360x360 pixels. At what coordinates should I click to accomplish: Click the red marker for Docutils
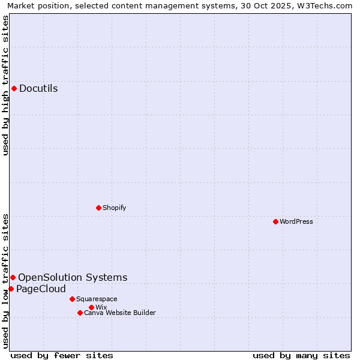14,89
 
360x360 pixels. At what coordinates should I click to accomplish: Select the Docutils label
38,89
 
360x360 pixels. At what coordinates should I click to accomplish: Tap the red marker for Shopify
98,208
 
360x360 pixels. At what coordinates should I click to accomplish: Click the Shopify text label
114,208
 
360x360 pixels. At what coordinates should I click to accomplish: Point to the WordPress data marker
275,221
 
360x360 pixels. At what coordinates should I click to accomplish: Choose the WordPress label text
296,221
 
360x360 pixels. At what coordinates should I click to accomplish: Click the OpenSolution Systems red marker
13,277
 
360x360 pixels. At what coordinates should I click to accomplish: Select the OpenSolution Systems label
73,277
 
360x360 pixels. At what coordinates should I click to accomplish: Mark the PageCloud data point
11,289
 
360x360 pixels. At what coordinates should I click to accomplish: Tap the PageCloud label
41,289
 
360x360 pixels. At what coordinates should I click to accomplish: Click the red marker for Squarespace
72,299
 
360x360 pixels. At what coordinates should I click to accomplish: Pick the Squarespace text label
97,299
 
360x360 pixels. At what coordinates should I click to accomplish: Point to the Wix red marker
91,307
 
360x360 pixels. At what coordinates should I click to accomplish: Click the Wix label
101,307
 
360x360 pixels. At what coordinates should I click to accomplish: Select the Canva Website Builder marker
80,313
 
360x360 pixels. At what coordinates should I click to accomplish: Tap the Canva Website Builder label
120,313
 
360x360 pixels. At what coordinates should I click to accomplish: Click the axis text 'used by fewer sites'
62,355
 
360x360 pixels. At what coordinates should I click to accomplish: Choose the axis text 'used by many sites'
301,355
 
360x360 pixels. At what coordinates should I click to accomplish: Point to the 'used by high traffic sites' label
5,85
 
